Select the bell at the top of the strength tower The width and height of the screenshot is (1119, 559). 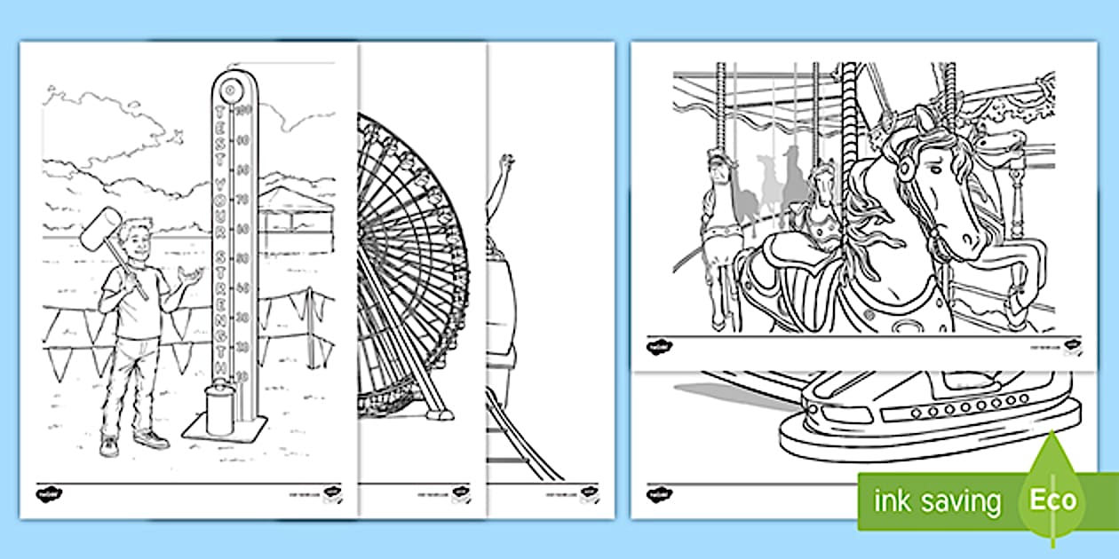(x=229, y=90)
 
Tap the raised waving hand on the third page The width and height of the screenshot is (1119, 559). (x=507, y=165)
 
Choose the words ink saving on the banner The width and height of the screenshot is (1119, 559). (x=937, y=501)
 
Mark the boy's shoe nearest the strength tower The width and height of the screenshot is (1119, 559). (x=152, y=439)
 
